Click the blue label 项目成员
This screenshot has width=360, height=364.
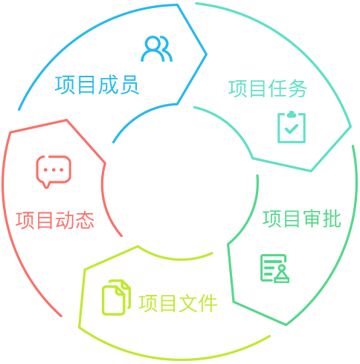[x=97, y=85]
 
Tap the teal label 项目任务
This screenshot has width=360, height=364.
[x=268, y=88]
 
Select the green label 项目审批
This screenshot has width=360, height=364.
[x=302, y=219]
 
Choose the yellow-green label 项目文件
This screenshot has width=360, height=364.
[x=178, y=303]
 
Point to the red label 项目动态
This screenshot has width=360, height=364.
[x=55, y=220]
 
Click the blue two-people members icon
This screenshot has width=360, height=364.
[x=157, y=49]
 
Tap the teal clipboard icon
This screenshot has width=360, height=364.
[x=292, y=127]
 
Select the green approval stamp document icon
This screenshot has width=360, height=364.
[x=274, y=268]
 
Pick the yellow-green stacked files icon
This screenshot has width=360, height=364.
[x=116, y=297]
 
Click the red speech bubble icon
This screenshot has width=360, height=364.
[x=54, y=172]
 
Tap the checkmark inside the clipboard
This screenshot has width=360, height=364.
[x=292, y=129]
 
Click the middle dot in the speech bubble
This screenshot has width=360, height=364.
[x=54, y=170]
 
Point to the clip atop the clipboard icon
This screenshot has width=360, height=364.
[x=292, y=114]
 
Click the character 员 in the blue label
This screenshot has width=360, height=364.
[x=129, y=85]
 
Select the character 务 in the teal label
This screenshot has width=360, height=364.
[x=298, y=88]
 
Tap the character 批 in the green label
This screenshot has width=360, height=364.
[x=332, y=219]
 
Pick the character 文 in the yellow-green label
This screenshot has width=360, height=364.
[x=188, y=303]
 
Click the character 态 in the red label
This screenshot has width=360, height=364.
[x=85, y=220]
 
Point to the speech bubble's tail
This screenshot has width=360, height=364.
[x=46, y=185]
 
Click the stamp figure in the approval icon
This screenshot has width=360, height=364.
[x=282, y=274]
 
